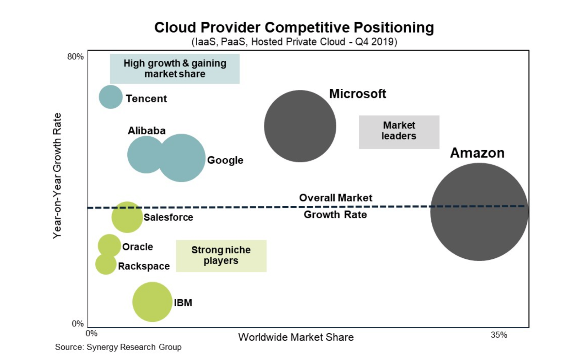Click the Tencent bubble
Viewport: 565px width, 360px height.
tap(110, 97)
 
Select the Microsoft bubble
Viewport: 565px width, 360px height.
tap(300, 126)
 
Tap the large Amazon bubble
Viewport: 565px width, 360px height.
tap(479, 212)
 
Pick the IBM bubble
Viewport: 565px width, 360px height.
tap(152, 302)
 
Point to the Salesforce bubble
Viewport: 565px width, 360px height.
tap(127, 217)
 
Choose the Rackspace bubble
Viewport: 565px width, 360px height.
tap(105, 264)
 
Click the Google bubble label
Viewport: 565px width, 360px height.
tap(225, 160)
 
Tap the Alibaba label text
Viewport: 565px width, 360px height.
tap(146, 131)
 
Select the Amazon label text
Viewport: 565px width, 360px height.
tap(477, 153)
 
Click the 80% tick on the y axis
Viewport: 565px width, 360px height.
tap(75, 57)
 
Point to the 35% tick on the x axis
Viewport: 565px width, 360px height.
tap(498, 335)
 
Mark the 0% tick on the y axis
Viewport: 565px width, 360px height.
tap(78, 324)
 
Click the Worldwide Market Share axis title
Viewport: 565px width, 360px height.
tap(296, 337)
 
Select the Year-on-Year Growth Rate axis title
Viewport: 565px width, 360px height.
tap(57, 176)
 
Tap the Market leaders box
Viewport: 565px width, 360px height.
tap(399, 132)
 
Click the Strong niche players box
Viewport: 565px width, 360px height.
tap(221, 256)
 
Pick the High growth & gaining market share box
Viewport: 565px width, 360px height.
tap(175, 68)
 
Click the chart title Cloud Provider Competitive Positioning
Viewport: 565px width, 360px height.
tap(294, 27)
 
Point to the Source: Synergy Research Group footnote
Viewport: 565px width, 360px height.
tap(118, 347)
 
